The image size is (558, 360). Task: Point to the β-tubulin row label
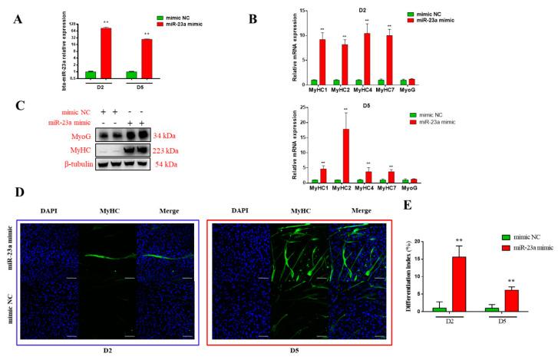coord(74,163)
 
